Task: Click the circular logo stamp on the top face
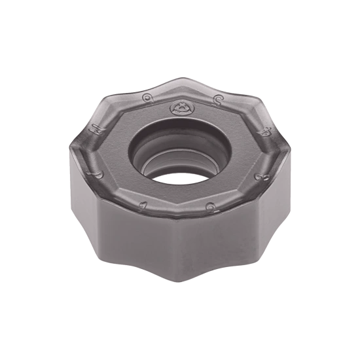coord(178,106)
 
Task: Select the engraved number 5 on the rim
coord(215,99)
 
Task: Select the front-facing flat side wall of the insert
coord(175,252)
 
